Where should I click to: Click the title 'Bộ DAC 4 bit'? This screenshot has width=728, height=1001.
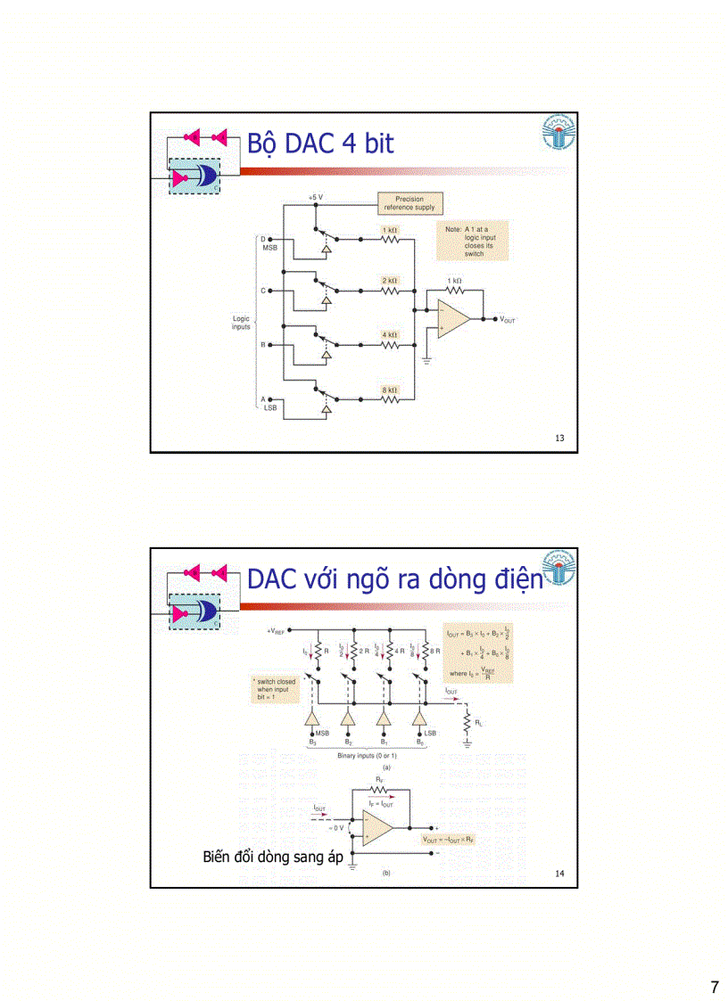pyautogui.click(x=320, y=144)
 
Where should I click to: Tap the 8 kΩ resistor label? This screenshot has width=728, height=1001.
pyautogui.click(x=390, y=390)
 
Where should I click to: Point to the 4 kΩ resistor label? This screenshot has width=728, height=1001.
pyautogui.click(x=390, y=335)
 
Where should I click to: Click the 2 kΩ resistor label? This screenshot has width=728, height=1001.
pyautogui.click(x=390, y=280)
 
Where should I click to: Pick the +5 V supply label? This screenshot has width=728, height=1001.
pyautogui.click(x=316, y=197)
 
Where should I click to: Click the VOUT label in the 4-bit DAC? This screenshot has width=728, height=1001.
pyautogui.click(x=507, y=320)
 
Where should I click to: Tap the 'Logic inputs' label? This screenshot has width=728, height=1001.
pyautogui.click(x=241, y=322)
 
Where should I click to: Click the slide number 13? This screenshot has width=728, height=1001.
pyautogui.click(x=559, y=438)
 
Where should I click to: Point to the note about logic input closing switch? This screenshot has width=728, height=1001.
pyautogui.click(x=474, y=241)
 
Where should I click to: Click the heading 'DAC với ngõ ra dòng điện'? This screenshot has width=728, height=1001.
pyautogui.click(x=394, y=579)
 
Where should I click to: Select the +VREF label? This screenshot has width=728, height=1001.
pyautogui.click(x=275, y=631)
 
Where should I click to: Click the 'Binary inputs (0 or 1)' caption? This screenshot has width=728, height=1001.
pyautogui.click(x=368, y=755)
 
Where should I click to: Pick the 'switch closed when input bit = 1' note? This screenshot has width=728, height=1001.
pyautogui.click(x=276, y=689)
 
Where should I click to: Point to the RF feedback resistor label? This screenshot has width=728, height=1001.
pyautogui.click(x=379, y=780)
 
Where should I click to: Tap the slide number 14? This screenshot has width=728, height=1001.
pyautogui.click(x=559, y=874)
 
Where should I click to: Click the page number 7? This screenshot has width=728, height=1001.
pyautogui.click(x=714, y=987)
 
